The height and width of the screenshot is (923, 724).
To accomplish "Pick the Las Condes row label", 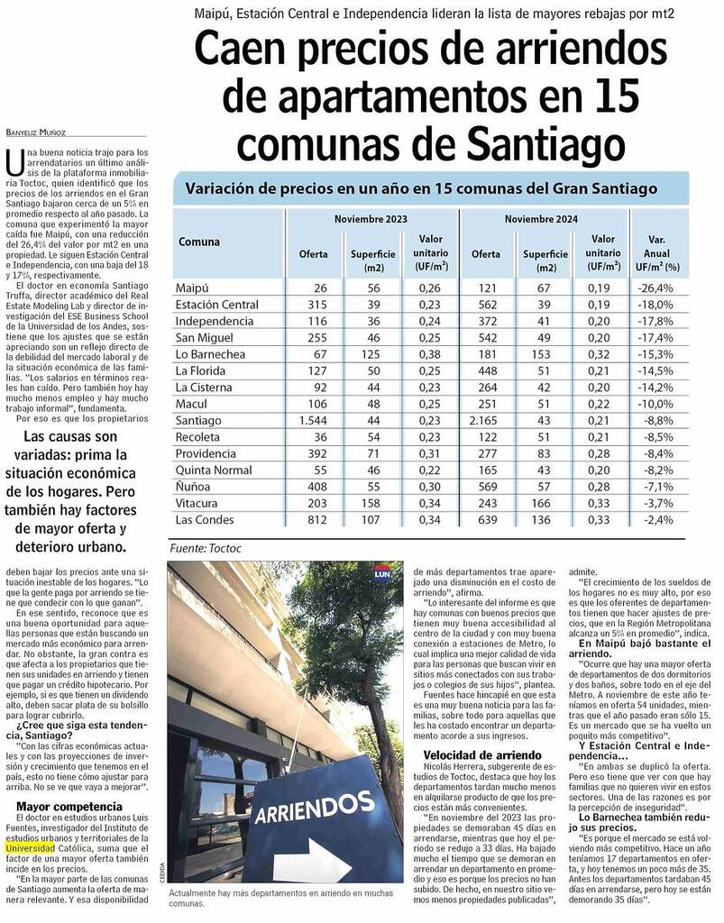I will coord(204,520).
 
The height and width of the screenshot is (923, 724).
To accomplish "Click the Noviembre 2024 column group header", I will coord(541,219).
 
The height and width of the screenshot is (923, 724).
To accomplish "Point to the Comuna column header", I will coord(199,242).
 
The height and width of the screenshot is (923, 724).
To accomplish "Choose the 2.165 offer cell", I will coord(485,420).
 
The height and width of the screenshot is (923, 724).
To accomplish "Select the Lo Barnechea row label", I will coord(210,354).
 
